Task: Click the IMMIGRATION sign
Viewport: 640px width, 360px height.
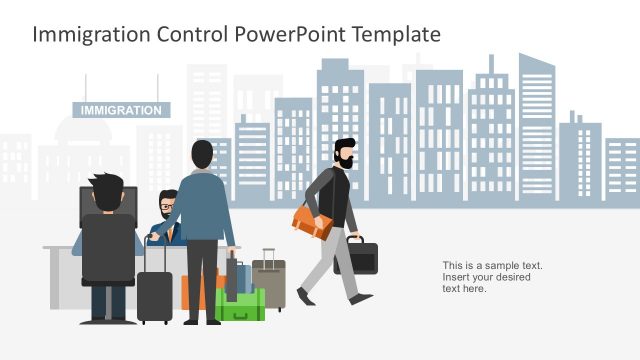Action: (121, 110)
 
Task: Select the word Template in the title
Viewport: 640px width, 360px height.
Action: (395, 34)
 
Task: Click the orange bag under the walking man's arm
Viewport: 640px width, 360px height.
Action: (313, 222)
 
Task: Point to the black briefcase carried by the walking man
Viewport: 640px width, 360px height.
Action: (358, 255)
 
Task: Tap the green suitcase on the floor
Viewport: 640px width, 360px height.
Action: (242, 304)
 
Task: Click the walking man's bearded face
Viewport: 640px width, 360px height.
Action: (346, 159)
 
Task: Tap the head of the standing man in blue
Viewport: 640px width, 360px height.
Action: (202, 155)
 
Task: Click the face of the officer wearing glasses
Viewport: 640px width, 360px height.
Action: (167, 205)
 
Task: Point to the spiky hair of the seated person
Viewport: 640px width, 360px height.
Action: (104, 185)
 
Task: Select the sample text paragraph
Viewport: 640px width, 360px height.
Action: (492, 277)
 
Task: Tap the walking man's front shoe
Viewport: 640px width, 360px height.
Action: (305, 296)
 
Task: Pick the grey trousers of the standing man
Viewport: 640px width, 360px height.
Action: (202, 280)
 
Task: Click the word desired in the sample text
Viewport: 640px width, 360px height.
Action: (510, 277)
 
